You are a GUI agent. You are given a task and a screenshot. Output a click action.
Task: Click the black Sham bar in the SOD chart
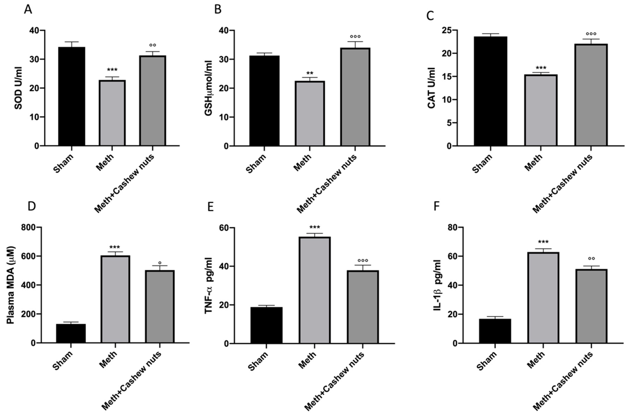click(72, 97)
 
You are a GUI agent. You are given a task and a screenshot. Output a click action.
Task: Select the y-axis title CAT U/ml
click(432, 88)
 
